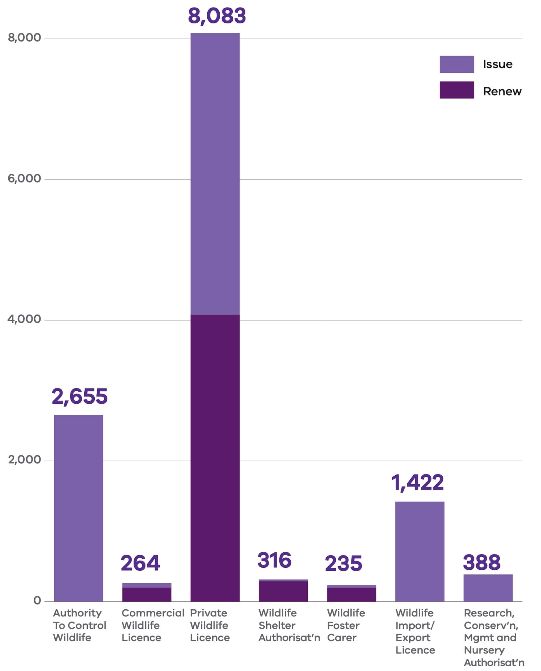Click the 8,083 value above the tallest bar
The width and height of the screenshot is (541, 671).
point(217,16)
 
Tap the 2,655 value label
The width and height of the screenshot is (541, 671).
point(79,397)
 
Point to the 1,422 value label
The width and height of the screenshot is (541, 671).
point(417,482)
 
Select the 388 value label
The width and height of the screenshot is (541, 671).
point(481,562)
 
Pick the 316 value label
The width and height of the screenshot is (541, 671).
point(274,560)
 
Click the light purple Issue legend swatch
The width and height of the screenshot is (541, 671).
point(457,64)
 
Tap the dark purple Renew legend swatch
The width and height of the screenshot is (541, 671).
point(457,90)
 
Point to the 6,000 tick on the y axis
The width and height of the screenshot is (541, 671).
point(24,179)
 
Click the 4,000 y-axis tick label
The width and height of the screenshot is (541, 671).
point(24,319)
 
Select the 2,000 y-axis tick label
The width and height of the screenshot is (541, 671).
point(24,460)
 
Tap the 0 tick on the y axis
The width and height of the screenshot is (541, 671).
point(37,600)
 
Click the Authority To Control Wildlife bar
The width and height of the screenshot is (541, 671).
point(79,508)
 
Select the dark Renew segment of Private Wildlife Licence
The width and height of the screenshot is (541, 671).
point(215,457)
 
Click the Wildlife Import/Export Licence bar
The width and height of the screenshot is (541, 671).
point(420,551)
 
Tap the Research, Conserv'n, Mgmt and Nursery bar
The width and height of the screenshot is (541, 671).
point(488,588)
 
